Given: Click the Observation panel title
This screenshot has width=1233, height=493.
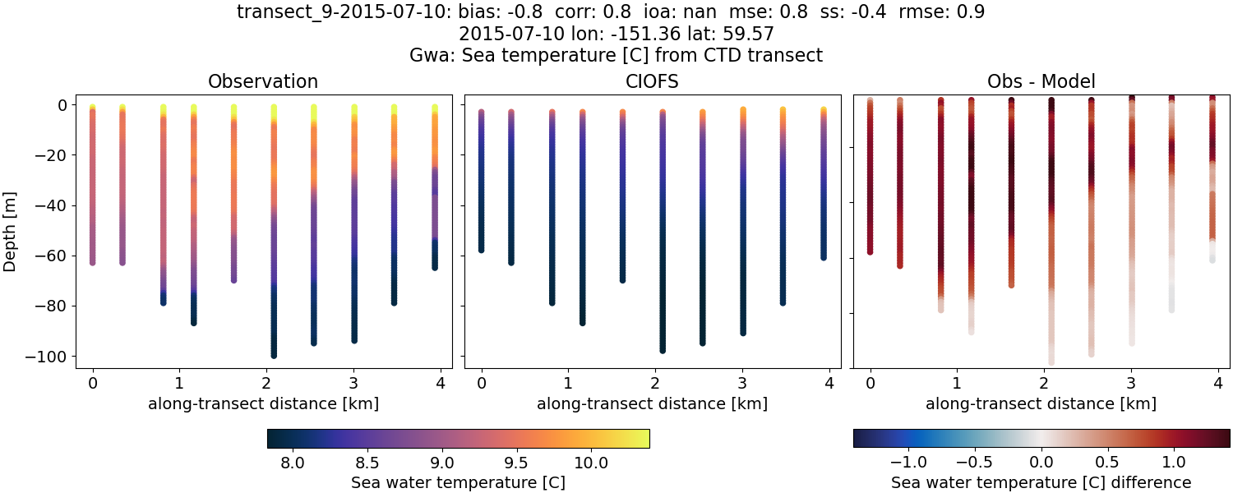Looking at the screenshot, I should pos(263,81).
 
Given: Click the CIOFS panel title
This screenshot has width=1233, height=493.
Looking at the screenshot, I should pos(653,81).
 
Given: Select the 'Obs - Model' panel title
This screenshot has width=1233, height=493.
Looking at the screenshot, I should pos(1041,81).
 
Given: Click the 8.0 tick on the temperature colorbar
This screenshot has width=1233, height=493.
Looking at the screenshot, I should pos(293,463).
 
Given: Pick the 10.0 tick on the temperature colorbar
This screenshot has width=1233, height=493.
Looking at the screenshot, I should pos(591,463).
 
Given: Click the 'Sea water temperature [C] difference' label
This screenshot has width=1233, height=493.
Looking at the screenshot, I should pos(1041,482).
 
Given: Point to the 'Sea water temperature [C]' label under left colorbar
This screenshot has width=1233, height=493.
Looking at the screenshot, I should pos(458,482).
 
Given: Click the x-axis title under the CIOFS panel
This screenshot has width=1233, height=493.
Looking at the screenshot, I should pos(653,403).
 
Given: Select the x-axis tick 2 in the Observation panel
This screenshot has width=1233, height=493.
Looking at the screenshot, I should pos(266,382).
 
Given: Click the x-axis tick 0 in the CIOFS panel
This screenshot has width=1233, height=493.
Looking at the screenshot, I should pos(481,382).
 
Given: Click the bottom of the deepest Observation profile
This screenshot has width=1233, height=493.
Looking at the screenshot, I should pos(274,355).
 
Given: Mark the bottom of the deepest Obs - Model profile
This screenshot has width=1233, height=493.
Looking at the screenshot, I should pos(1051,362).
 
